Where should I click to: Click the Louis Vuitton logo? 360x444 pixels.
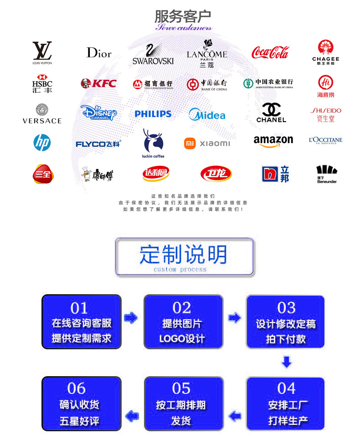click(42, 51)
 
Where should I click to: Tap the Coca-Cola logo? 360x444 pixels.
click(270, 52)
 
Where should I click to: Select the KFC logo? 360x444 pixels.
click(98, 83)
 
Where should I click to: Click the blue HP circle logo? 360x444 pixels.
click(42, 143)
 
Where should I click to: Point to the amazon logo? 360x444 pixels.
click(273, 141)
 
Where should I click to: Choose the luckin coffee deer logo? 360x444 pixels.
click(153, 142)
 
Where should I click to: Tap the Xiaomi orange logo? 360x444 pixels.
click(190, 143)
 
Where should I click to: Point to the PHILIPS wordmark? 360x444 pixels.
click(153, 114)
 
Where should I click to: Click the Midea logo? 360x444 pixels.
click(207, 114)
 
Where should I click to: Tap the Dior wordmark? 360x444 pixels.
click(99, 53)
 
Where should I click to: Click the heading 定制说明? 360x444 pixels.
click(184, 255)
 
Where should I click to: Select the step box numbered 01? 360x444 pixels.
click(82, 322)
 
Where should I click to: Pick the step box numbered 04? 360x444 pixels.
click(286, 403)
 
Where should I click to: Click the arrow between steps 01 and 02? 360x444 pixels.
click(131, 318)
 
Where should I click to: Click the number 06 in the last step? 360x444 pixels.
click(76, 388)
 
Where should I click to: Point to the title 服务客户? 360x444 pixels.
click(183, 16)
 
